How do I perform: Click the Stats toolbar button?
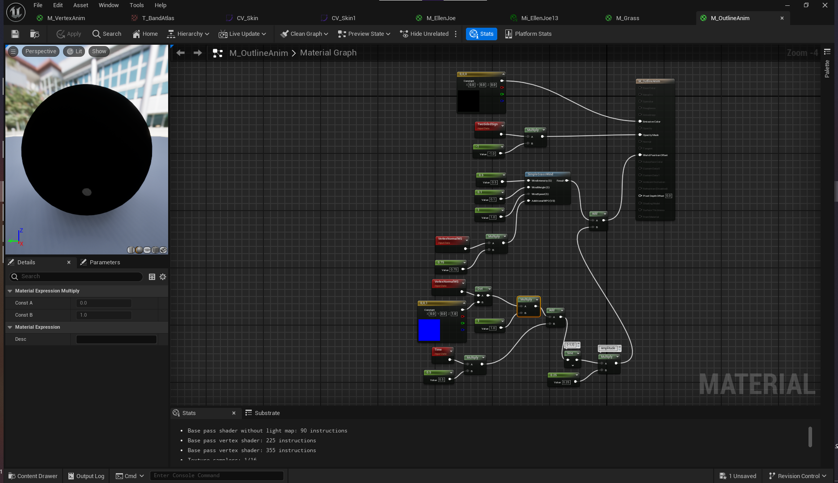click(x=482, y=34)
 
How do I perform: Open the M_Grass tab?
click(x=627, y=18)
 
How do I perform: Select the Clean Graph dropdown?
click(x=304, y=34)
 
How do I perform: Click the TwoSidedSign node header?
click(x=488, y=124)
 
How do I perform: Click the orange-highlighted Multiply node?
click(x=528, y=300)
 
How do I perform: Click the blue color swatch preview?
click(x=429, y=330)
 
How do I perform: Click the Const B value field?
click(x=104, y=315)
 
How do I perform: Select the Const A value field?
click(x=104, y=303)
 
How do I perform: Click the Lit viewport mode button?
click(x=74, y=51)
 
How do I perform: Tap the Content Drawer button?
click(x=33, y=476)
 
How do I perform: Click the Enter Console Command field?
click(x=216, y=476)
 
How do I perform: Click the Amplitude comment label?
click(x=608, y=348)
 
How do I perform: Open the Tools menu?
click(x=136, y=5)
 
